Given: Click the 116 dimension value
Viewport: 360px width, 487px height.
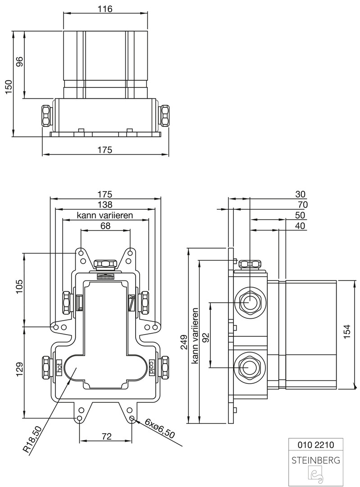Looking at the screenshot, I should (105, 8).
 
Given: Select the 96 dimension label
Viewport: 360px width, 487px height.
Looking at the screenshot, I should (19, 62).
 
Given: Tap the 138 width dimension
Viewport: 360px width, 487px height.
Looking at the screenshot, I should (105, 205).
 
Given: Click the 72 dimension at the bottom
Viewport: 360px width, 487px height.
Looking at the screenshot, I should (106, 436).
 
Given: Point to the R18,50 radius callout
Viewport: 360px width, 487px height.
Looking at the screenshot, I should (32, 440).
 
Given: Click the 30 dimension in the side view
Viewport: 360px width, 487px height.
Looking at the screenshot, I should (300, 194).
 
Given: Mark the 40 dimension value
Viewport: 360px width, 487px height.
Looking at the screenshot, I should (300, 226).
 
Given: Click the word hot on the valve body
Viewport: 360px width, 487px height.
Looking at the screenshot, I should (59, 364).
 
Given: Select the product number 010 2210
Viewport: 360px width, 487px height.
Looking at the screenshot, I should (315, 445).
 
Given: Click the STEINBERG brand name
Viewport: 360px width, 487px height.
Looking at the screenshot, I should (315, 460).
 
